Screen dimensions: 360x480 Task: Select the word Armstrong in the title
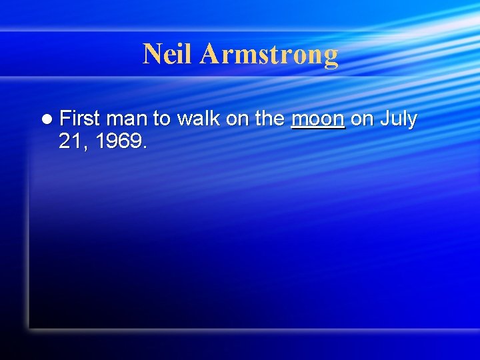coord(269,55)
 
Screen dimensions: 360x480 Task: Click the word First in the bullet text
coord(79,119)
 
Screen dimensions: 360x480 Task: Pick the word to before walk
coord(161,119)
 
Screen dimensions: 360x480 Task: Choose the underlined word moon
coord(318,119)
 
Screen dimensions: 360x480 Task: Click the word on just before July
coord(362,119)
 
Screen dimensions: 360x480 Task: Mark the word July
coord(399,119)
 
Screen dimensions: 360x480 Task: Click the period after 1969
coord(145,147)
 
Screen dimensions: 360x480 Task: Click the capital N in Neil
coord(151,53)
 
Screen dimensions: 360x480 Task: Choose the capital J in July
coord(385,119)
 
